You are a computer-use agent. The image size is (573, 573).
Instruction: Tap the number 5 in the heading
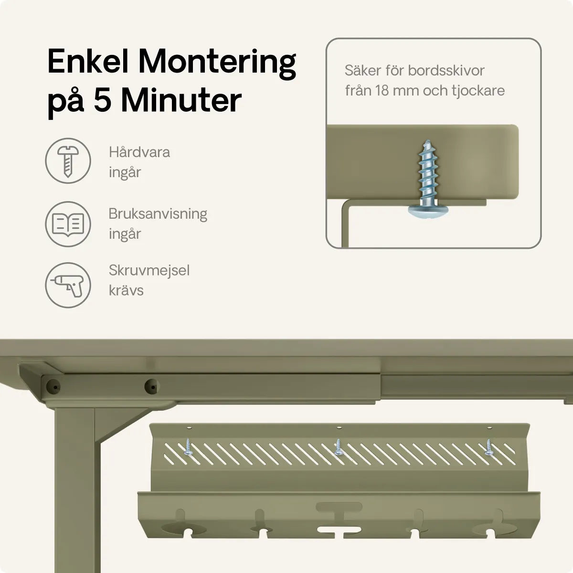[102, 101]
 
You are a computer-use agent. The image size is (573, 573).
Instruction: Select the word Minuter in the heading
[181, 101]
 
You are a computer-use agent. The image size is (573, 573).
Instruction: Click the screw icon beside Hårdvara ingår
[68, 161]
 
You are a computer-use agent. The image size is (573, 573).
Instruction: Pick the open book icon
[68, 224]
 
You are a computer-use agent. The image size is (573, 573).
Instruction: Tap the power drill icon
[68, 285]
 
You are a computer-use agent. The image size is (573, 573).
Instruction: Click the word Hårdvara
[139, 152]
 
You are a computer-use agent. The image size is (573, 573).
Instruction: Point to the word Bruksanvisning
[158, 213]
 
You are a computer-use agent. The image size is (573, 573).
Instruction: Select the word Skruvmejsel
[149, 270]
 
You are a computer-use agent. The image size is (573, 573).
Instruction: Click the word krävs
[126, 290]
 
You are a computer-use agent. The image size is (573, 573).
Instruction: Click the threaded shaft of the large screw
[424, 172]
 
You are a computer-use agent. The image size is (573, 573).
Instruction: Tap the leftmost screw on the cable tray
[188, 446]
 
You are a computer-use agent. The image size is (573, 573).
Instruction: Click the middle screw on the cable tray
[339, 446]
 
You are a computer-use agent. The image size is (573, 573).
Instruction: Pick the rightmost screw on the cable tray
[489, 446]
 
